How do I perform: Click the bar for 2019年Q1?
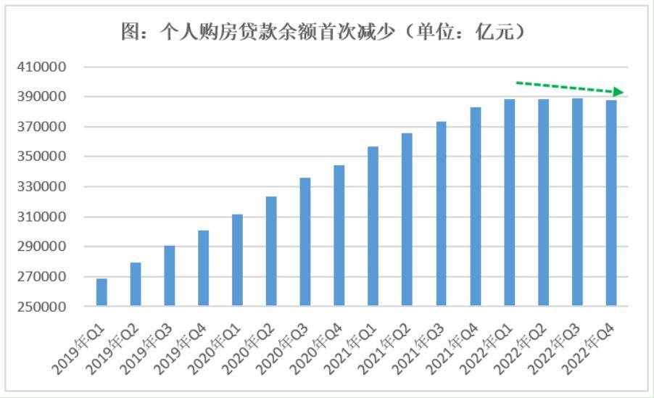[102, 292]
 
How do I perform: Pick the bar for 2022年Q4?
[611, 203]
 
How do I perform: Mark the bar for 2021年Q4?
[476, 207]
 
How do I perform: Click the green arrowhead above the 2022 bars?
[617, 92]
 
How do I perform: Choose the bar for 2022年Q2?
[543, 202]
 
